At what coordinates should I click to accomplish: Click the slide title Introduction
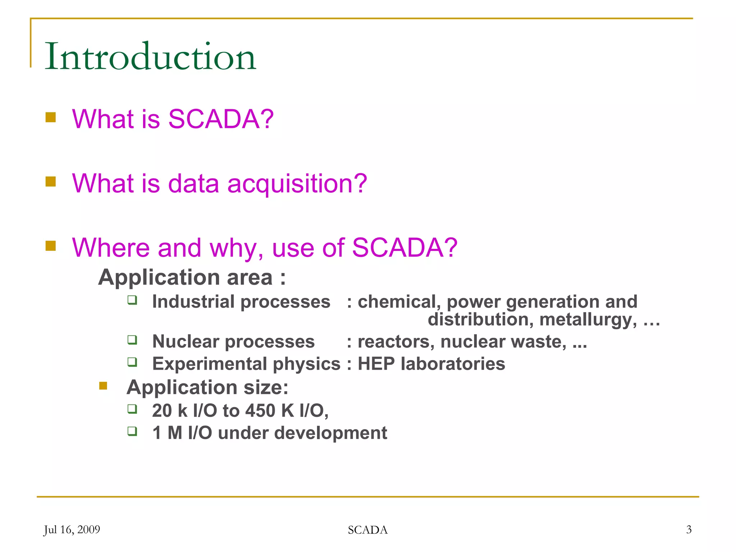[150, 56]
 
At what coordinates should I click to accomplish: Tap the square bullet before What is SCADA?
[51, 118]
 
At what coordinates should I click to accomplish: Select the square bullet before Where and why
[51, 246]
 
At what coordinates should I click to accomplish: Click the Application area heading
[192, 277]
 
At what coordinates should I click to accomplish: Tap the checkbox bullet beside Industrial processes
[132, 300]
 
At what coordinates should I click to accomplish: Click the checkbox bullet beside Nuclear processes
[132, 340]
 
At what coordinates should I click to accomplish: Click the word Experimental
[210, 364]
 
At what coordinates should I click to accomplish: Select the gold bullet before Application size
[103, 386]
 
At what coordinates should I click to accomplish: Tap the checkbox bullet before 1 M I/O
[132, 431]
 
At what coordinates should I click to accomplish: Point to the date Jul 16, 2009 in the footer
[72, 530]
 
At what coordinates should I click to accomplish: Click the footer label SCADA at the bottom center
[368, 530]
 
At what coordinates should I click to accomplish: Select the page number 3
[689, 530]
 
